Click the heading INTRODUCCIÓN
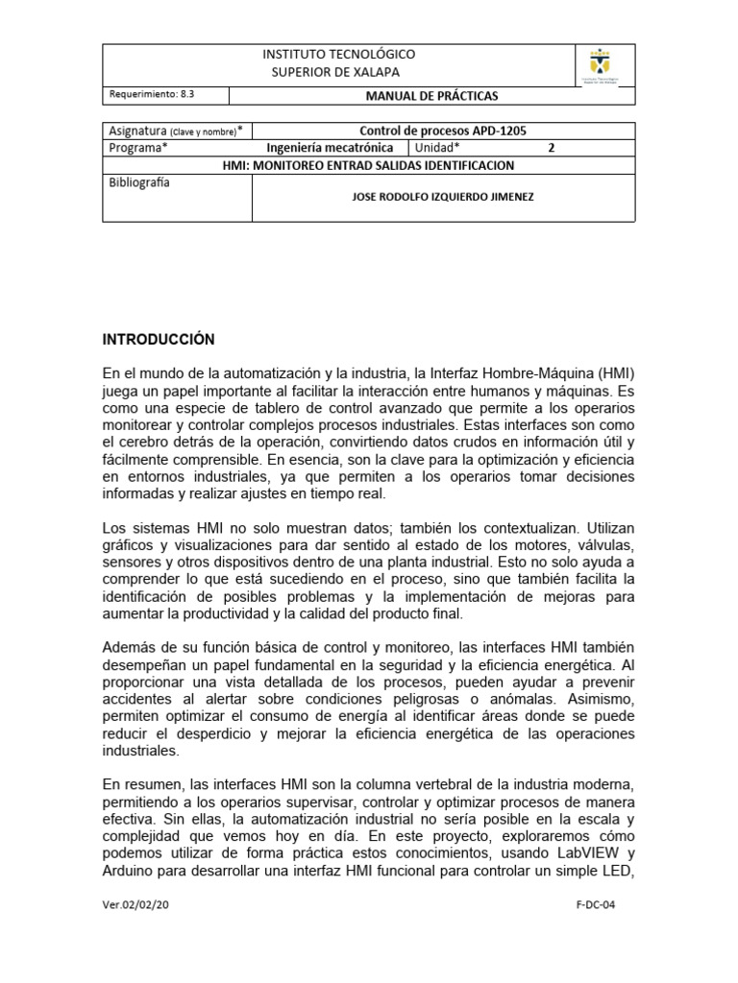[159, 340]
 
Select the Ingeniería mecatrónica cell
[330, 148]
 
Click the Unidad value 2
[551, 148]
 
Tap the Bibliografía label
[139, 182]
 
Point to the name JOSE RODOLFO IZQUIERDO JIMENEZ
[442, 197]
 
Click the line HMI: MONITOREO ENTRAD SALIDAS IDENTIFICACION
[369, 165]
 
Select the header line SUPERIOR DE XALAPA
[339, 72]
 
